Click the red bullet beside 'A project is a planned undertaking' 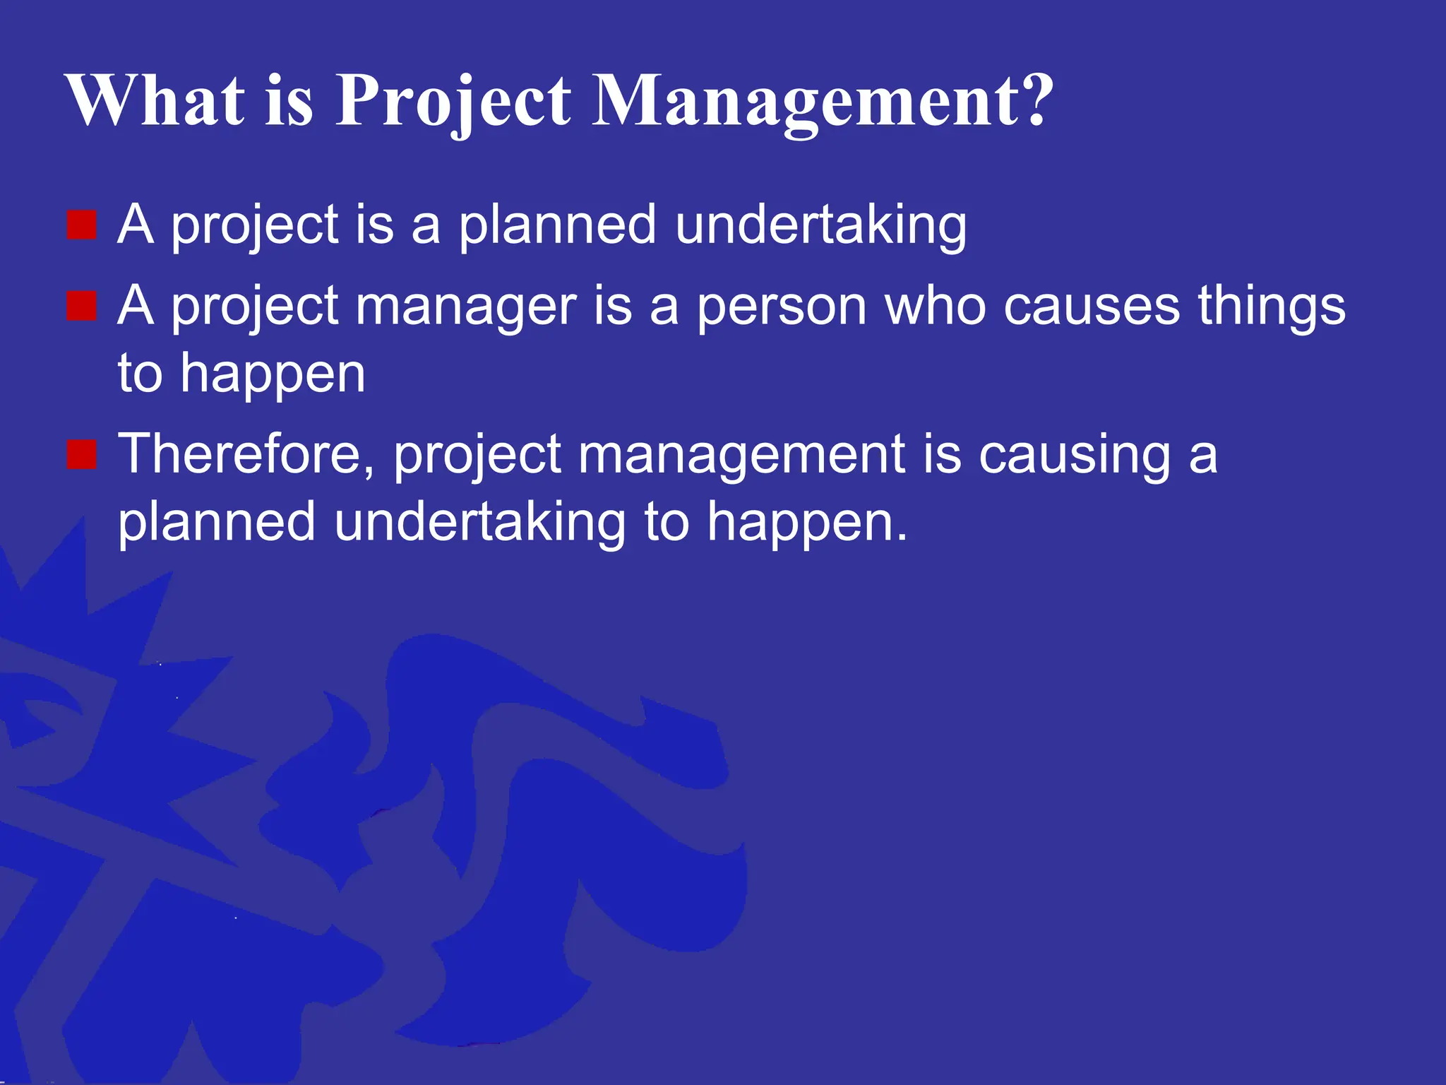(x=81, y=225)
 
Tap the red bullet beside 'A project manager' (x=81, y=307)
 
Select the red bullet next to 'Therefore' (x=81, y=454)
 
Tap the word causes (x=1092, y=307)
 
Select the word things (x=1272, y=307)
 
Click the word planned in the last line (x=216, y=523)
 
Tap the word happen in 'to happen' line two (x=273, y=374)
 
